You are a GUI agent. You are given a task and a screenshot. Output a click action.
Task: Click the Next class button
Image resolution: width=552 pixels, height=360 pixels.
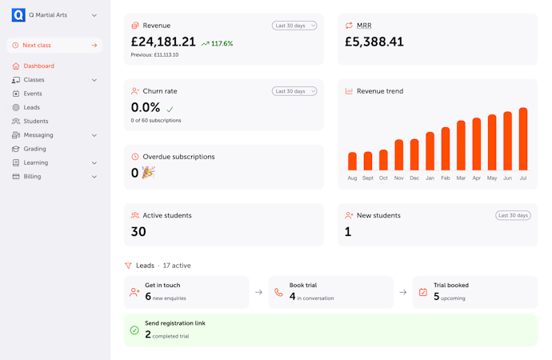coord(54,46)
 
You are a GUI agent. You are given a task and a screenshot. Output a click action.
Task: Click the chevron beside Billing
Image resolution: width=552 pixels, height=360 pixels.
coord(94,177)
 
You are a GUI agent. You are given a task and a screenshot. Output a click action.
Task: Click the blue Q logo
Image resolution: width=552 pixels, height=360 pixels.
coord(18,15)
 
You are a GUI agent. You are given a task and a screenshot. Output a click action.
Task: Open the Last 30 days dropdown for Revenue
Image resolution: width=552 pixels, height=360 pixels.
coord(294,26)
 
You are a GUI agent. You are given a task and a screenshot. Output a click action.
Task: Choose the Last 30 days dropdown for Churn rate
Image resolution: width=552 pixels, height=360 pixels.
coord(294,91)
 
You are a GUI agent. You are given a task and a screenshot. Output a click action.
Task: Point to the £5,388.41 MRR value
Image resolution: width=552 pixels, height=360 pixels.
coord(374,42)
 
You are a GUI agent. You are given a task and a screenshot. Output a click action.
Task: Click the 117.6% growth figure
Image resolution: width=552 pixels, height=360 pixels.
coord(222,44)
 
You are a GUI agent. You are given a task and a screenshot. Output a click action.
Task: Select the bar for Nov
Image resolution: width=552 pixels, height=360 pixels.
coord(399,155)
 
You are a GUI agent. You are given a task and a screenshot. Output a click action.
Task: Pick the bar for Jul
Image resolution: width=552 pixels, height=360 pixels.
coord(523,139)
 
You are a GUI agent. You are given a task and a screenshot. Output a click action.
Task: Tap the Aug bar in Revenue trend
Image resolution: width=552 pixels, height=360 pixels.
coord(352,161)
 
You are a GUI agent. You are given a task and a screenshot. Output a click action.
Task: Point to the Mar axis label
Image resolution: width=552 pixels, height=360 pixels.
coord(461,178)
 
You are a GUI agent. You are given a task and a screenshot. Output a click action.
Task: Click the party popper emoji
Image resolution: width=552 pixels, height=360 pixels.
coord(148,173)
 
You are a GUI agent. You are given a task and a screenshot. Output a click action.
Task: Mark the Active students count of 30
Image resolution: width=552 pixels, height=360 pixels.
coord(138,231)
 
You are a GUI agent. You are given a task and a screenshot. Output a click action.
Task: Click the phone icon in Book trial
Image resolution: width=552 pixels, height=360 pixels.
coord(279,293)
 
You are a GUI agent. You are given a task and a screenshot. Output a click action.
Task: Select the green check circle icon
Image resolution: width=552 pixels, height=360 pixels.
coord(134,330)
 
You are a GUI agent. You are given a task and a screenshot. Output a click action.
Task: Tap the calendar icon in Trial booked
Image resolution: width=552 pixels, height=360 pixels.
coord(423,293)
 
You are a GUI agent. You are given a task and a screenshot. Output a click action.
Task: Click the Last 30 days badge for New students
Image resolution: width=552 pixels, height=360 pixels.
coord(514,215)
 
